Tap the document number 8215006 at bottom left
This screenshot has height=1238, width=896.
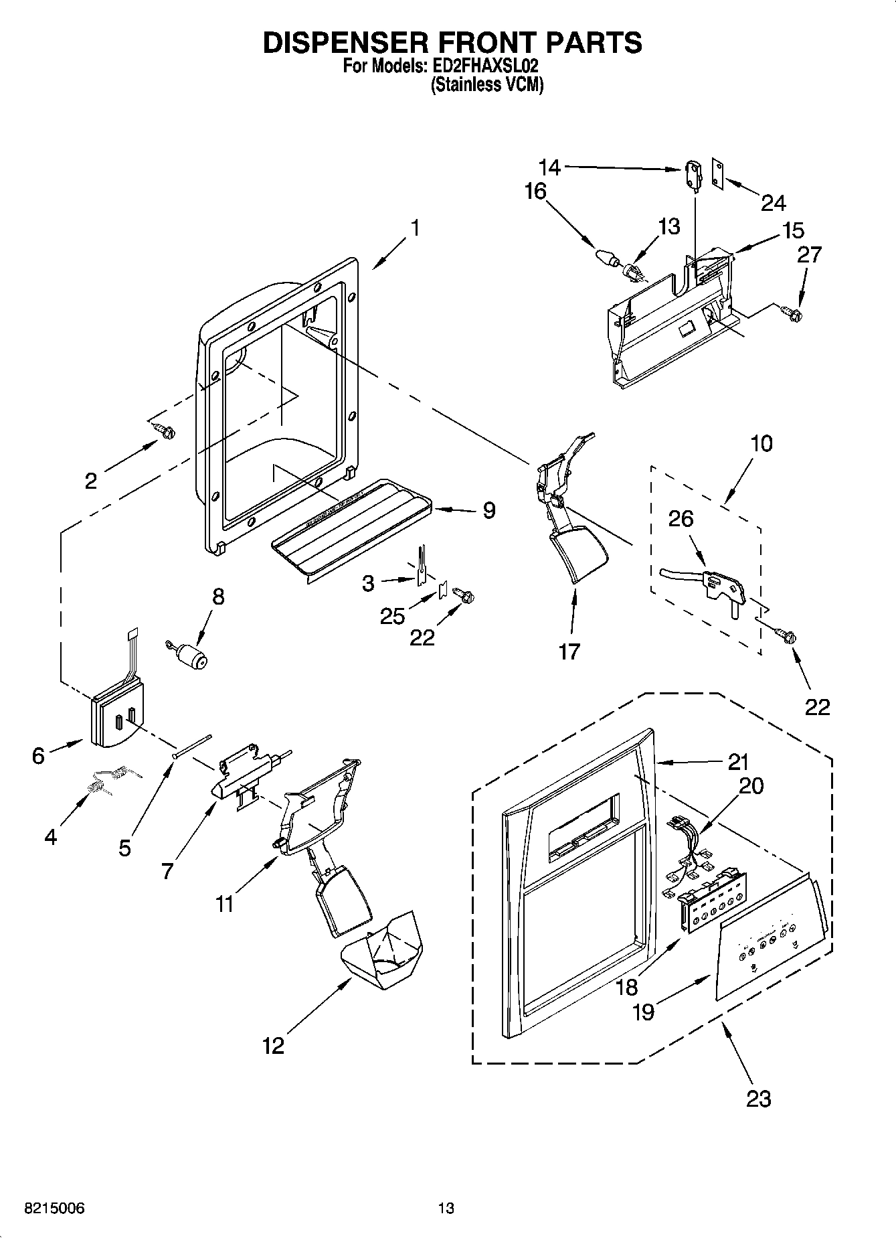coord(54,1209)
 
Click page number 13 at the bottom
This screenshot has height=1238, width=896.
coord(446,1209)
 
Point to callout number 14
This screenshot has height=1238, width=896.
coord(549,167)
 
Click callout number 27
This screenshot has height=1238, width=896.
coord(809,254)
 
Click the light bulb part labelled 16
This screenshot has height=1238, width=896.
coord(606,257)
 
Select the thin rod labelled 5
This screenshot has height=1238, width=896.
coord(192,745)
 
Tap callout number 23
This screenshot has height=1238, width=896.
coord(758,1098)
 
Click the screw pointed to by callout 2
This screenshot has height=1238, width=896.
coord(163,432)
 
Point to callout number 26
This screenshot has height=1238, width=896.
coord(681,519)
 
